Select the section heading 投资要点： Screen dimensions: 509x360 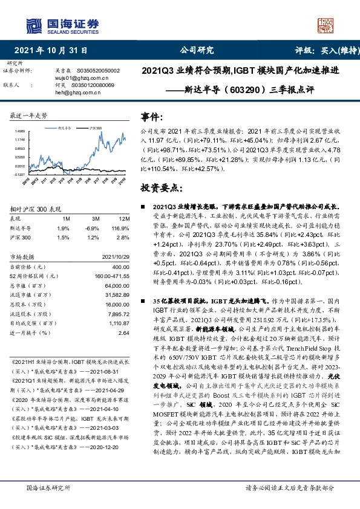tap(160, 189)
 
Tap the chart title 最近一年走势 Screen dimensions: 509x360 tap(29, 115)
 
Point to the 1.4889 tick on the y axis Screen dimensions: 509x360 tap(21, 131)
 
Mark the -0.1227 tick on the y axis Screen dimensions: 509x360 tap(20, 173)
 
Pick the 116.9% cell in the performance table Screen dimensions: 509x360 tap(119, 227)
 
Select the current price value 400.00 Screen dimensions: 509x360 tap(120, 267)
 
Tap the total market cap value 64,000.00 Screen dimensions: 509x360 tap(116, 285)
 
